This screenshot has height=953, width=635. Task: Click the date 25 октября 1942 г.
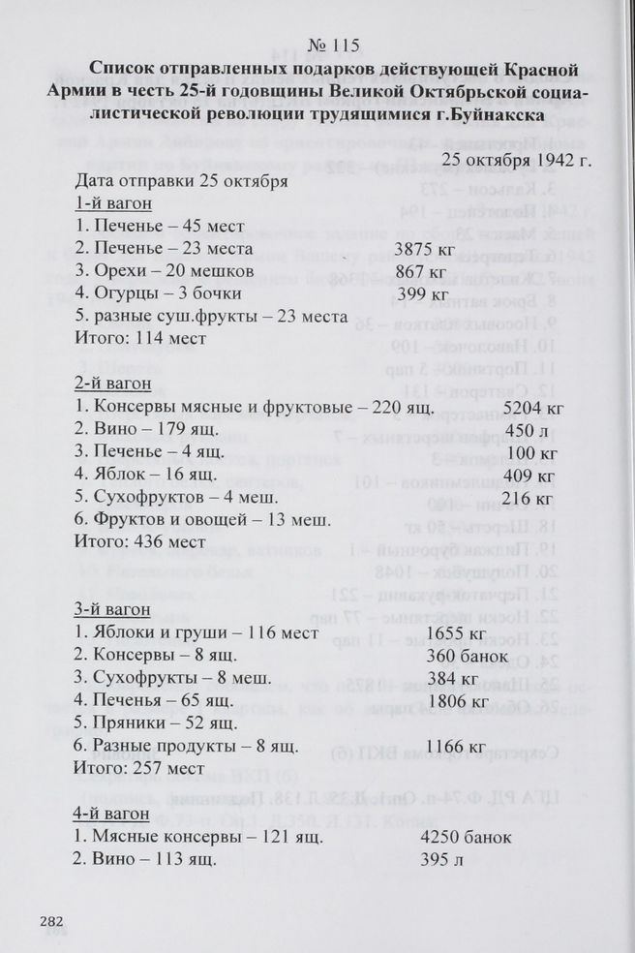click(517, 159)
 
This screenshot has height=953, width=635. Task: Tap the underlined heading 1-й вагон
click(112, 204)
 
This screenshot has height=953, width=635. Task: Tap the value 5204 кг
click(533, 408)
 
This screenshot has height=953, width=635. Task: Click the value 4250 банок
click(466, 837)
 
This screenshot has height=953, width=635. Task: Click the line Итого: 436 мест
click(140, 542)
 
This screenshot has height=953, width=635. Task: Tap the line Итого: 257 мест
click(140, 768)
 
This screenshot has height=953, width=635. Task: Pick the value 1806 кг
click(457, 701)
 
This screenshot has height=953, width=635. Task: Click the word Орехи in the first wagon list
click(118, 272)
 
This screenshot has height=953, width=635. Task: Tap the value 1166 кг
click(456, 746)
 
